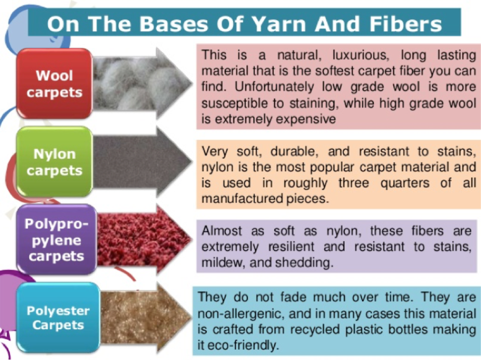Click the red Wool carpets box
click(x=54, y=83)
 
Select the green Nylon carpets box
click(x=54, y=162)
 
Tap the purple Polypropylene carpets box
click(x=57, y=240)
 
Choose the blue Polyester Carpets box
click(x=59, y=317)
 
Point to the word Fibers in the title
click(x=406, y=24)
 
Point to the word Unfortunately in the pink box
click(x=274, y=87)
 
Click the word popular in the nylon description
click(x=332, y=168)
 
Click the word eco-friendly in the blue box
click(x=243, y=346)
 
